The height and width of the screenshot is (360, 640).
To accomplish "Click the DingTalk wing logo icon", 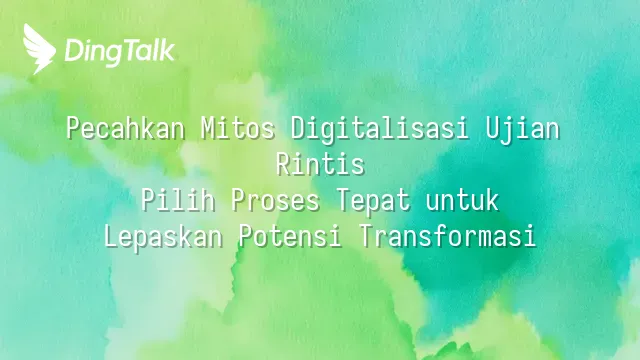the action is [39, 49].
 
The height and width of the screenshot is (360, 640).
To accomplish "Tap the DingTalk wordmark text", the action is [120, 51].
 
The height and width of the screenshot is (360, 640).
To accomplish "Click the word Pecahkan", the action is [126, 129].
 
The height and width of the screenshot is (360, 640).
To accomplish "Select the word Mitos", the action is [238, 129].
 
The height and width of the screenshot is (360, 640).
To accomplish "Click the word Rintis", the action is [320, 164].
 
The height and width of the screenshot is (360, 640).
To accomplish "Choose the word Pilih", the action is [178, 200].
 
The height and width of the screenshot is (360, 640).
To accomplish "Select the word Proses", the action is [275, 200].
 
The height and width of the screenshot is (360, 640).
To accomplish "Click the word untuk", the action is [462, 200].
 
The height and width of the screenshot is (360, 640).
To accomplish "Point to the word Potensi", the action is [290, 236].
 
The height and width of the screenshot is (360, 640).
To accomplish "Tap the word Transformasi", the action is [447, 236].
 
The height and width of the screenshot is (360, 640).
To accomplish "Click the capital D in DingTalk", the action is [73, 51].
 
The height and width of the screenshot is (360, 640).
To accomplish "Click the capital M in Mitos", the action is [208, 129].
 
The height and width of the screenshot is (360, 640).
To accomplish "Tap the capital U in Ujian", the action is [492, 129].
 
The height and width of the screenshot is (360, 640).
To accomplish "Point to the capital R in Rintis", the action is [283, 164].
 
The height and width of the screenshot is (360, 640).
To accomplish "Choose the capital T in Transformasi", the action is [365, 236].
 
